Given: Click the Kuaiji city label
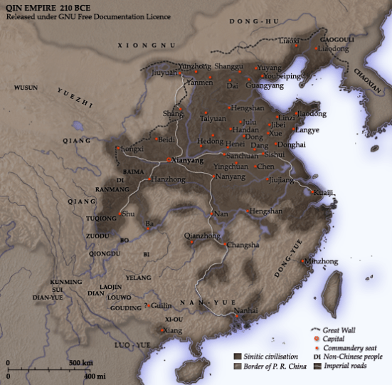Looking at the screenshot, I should click(x=324, y=193).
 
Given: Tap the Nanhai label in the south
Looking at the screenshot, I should click(x=245, y=311).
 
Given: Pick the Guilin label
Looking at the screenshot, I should click(x=162, y=305).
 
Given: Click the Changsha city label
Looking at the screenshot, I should click(x=243, y=246).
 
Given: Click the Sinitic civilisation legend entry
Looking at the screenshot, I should click(x=274, y=355).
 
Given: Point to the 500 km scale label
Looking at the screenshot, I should click(x=81, y=363).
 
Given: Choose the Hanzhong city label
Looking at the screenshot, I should click(x=168, y=180).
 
